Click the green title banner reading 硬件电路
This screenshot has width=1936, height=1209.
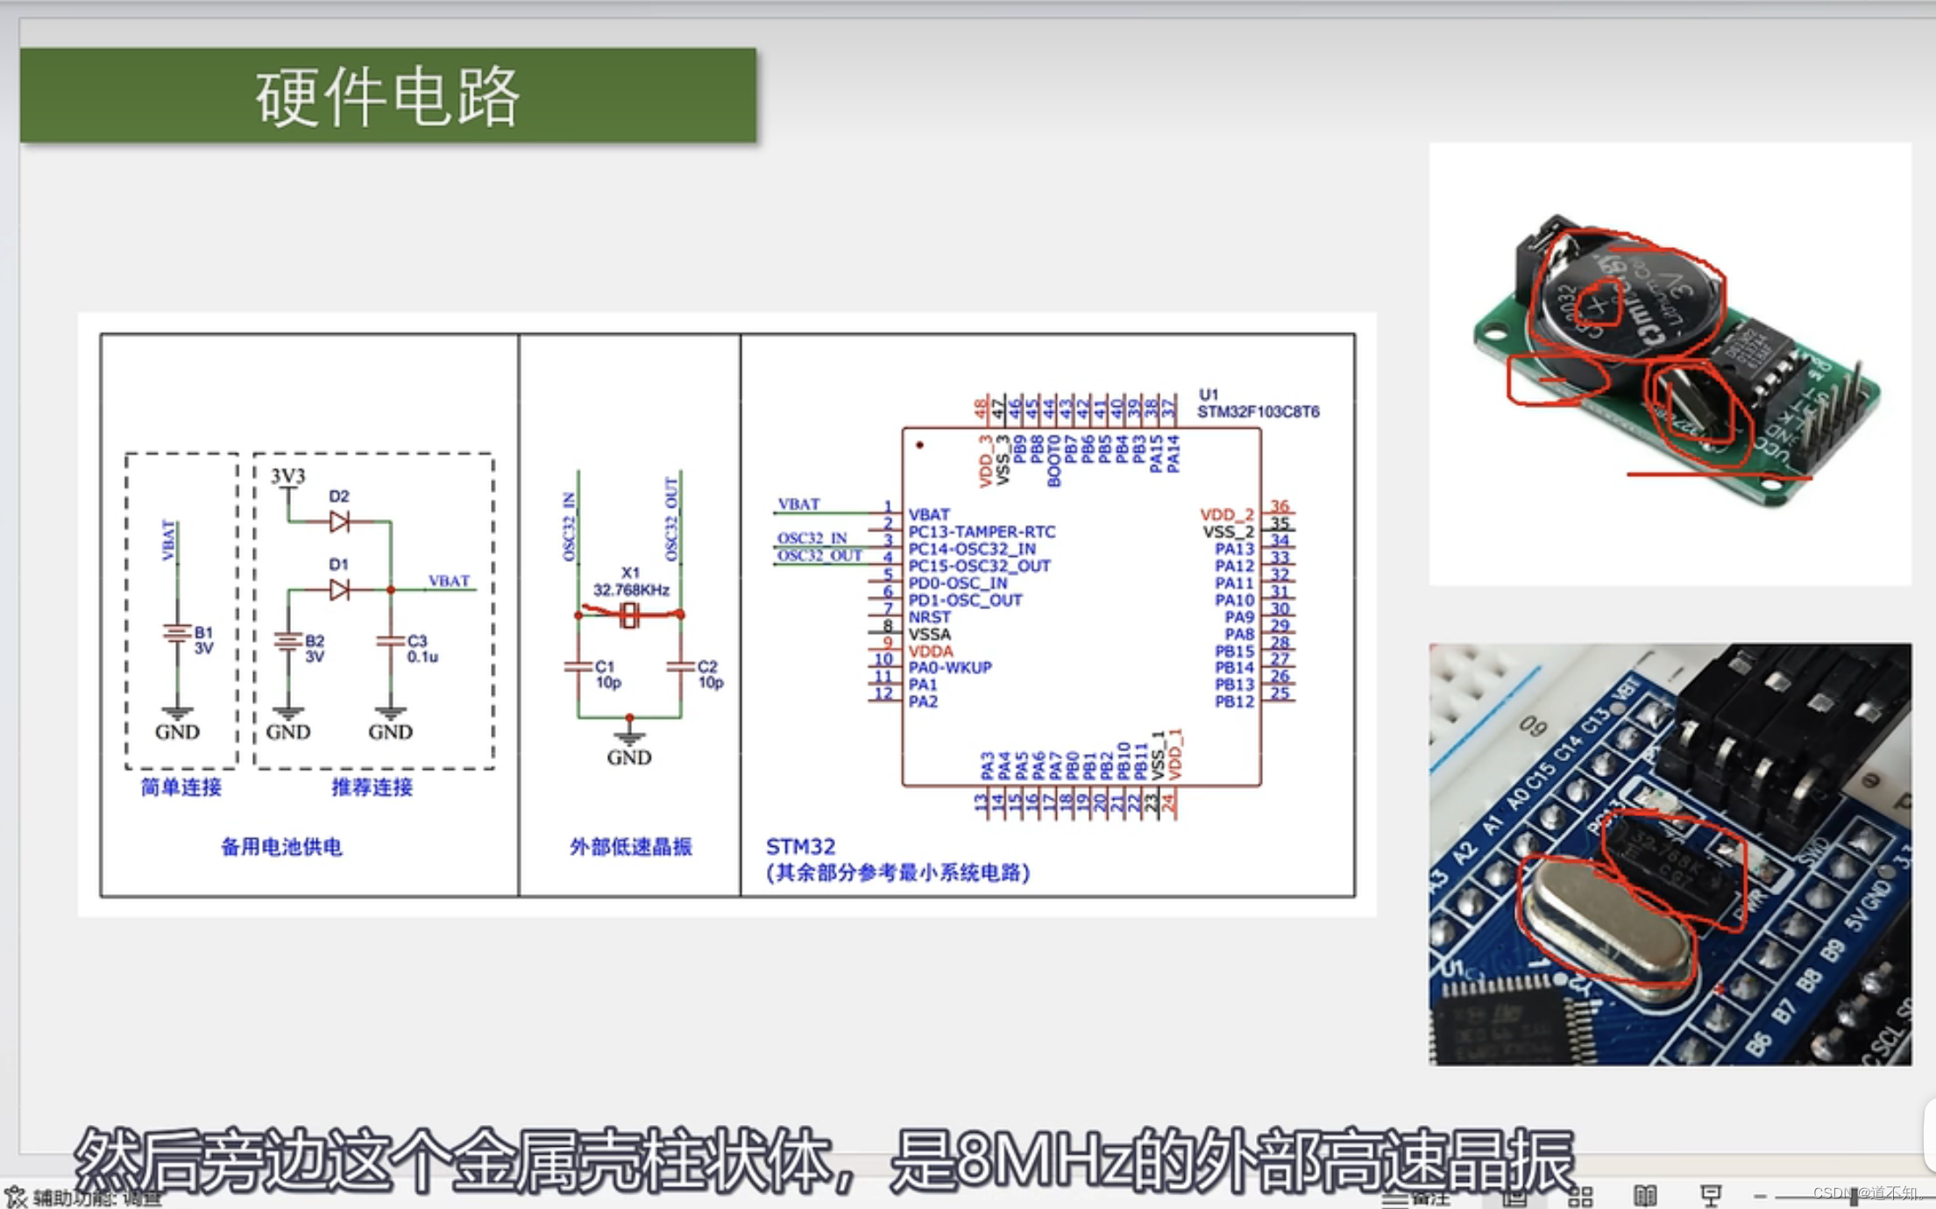click(x=387, y=96)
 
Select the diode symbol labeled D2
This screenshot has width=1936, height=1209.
click(x=339, y=523)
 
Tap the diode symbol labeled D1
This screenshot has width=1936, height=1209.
click(x=339, y=589)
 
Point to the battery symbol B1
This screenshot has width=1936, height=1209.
click(x=177, y=634)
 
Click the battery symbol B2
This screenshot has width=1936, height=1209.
click(x=287, y=642)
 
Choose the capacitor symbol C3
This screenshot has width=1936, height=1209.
click(x=391, y=642)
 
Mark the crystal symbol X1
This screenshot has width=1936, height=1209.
click(x=629, y=615)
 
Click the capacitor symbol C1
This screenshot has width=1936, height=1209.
click(x=578, y=668)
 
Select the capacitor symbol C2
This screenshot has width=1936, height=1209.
click(x=680, y=668)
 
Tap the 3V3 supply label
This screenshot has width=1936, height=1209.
click(x=287, y=476)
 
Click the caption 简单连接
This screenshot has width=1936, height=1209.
click(x=181, y=787)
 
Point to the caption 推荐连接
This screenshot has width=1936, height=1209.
click(x=372, y=787)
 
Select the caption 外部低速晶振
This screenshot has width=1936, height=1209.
click(x=630, y=846)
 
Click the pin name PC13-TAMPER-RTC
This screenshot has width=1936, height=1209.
click(x=982, y=531)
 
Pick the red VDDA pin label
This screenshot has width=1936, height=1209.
click(x=931, y=651)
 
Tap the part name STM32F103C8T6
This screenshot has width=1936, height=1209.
click(x=1258, y=411)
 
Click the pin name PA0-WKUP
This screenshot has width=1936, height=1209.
click(x=950, y=667)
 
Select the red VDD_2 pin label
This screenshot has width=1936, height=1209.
click(x=1226, y=515)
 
